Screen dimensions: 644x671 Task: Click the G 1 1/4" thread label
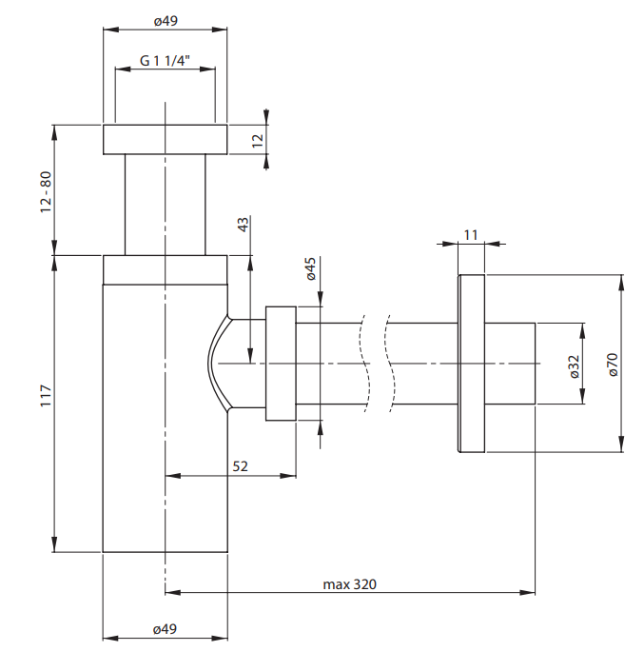(x=165, y=61)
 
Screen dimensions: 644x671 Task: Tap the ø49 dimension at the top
(x=166, y=21)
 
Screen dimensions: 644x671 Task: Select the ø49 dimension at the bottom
(x=165, y=628)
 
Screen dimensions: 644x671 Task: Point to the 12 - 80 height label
(x=46, y=192)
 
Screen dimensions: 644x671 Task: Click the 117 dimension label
(x=46, y=396)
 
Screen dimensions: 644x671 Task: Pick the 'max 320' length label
(x=350, y=584)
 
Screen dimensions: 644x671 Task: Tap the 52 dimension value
(x=241, y=466)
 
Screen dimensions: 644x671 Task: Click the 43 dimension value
(x=243, y=225)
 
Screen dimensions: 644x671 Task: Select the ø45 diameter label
(x=311, y=268)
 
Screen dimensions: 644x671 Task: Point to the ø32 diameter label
(x=575, y=366)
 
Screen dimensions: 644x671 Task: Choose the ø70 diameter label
(x=613, y=365)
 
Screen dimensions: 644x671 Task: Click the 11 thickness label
(x=470, y=235)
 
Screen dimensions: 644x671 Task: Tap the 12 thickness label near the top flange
(x=258, y=140)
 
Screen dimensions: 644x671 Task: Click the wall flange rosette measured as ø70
(x=471, y=364)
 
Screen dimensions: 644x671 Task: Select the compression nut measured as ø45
(x=281, y=364)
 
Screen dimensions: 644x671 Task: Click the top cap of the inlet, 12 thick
(x=166, y=139)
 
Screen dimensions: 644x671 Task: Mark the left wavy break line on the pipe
(x=364, y=364)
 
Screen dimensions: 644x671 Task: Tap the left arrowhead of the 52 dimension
(x=173, y=476)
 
